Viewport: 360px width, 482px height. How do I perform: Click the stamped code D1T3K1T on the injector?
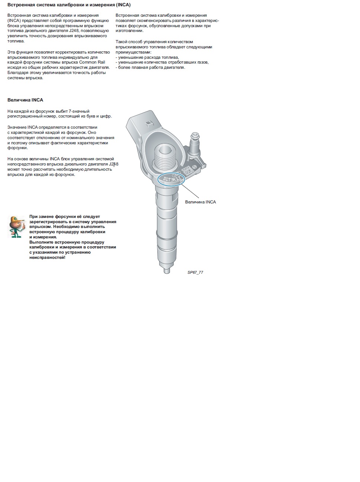(171, 179)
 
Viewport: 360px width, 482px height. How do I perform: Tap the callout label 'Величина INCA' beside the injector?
(200, 202)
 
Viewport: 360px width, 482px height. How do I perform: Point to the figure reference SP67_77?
(195, 272)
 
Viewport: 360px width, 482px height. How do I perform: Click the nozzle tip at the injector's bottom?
(167, 270)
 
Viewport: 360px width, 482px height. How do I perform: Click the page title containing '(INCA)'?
(69, 5)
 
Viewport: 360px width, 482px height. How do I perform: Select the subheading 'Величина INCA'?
(25, 100)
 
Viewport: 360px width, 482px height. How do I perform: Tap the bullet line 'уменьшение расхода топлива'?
(148, 57)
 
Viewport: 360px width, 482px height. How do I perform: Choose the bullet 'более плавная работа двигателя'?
(151, 68)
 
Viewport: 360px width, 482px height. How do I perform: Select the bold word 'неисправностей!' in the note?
(47, 257)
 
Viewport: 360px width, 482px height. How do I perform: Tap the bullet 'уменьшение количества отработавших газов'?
(163, 62)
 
